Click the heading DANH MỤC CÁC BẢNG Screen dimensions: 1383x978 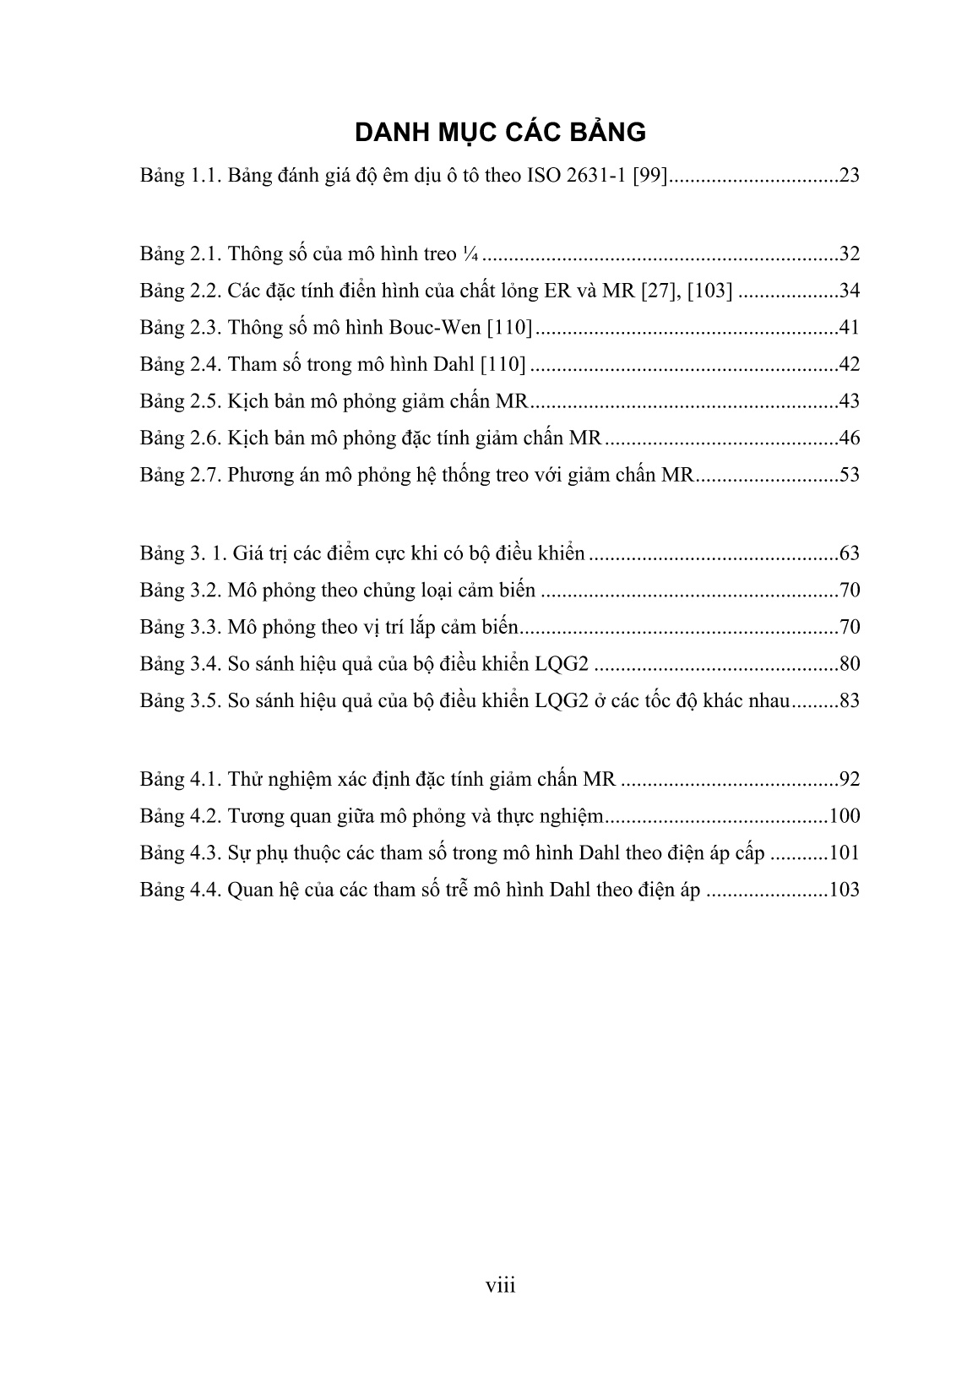(x=500, y=133)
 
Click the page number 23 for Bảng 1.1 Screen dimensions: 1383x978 (x=849, y=177)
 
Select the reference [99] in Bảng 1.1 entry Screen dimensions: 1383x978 (x=651, y=177)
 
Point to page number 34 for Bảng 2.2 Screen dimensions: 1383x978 (x=849, y=291)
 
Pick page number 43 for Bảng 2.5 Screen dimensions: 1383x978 (x=849, y=401)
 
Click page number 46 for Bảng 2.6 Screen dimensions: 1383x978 (x=849, y=438)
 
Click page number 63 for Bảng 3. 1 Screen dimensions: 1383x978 (x=849, y=554)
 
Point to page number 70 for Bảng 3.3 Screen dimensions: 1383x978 (x=849, y=627)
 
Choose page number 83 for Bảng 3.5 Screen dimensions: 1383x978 (x=849, y=700)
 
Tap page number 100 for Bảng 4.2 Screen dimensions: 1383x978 (x=844, y=816)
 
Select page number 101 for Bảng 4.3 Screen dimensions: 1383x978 (x=844, y=852)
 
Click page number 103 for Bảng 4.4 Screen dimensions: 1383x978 (x=844, y=890)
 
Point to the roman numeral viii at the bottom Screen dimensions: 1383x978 (x=500, y=1286)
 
